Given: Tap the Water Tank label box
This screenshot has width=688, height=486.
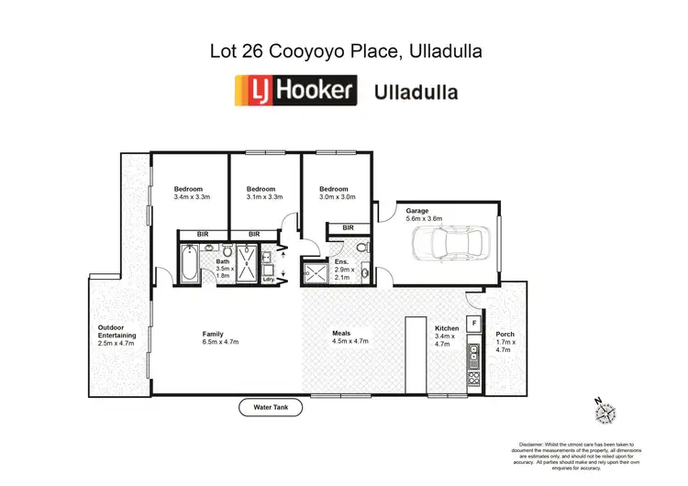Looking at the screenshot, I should [271, 408].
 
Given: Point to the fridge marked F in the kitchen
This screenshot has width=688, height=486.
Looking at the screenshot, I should [474, 323].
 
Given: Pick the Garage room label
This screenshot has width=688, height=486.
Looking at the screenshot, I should [417, 211].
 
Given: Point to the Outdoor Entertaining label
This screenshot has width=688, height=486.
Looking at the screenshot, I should [117, 331].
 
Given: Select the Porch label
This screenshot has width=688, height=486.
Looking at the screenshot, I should [505, 334].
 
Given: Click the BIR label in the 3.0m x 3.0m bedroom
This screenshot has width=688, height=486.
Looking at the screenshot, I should [348, 227].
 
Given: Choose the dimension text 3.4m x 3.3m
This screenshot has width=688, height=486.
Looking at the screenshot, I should [192, 196].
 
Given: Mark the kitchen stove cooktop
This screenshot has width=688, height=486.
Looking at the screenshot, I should [474, 376].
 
